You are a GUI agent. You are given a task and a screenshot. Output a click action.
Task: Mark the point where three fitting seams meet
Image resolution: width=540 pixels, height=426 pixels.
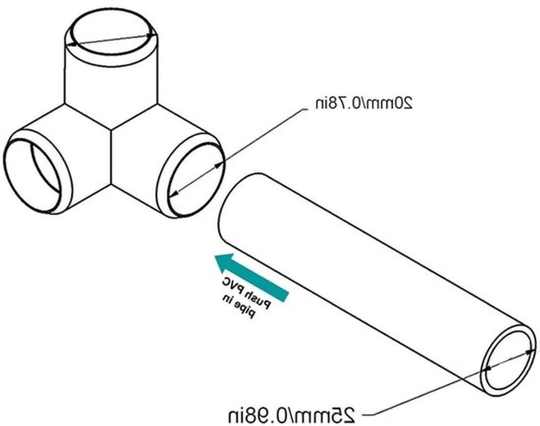tap(111, 130)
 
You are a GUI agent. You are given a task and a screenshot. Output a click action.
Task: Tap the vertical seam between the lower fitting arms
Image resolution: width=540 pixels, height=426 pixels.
tap(111, 157)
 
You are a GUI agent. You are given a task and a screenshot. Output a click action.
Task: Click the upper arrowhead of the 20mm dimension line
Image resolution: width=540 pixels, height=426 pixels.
tap(218, 165)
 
